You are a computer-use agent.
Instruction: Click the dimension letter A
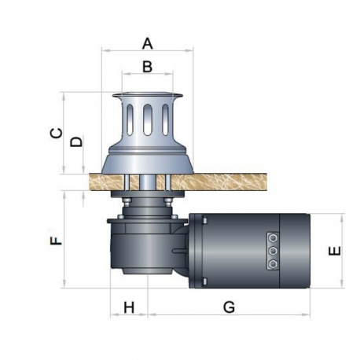pyautogui.click(x=148, y=41)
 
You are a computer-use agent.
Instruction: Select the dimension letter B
pyautogui.click(x=148, y=68)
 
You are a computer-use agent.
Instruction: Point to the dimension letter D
pyautogui.click(x=75, y=142)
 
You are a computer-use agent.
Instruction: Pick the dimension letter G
pyautogui.click(x=229, y=307)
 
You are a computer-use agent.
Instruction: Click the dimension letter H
pyautogui.click(x=129, y=307)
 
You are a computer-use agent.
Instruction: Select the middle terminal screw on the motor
pyautogui.click(x=273, y=250)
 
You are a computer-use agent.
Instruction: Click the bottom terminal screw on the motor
pyautogui.click(x=273, y=264)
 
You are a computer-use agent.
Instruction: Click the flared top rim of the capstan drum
pyautogui.click(x=148, y=97)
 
